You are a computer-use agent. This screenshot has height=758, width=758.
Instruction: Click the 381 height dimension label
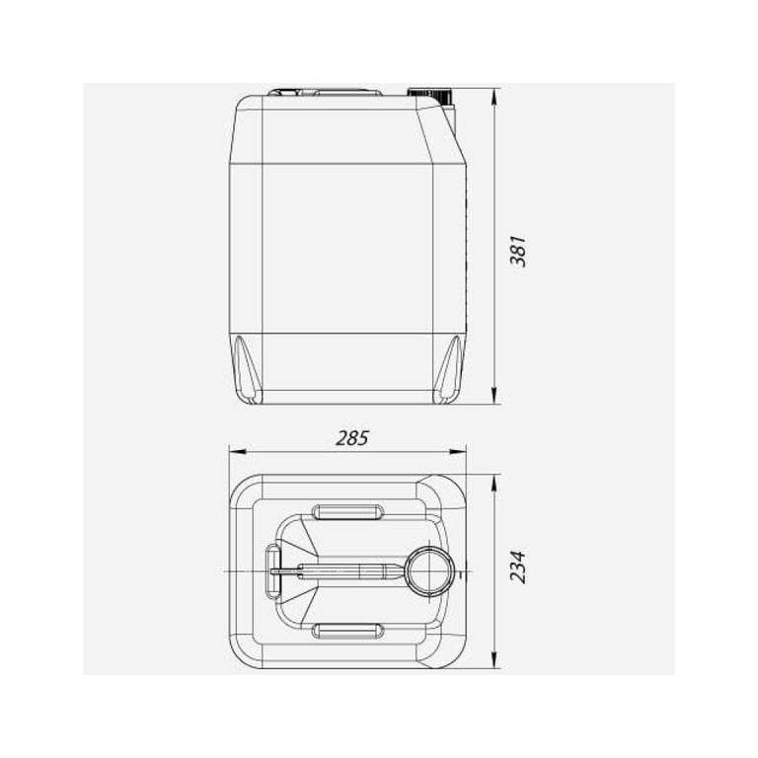pyautogui.click(x=518, y=252)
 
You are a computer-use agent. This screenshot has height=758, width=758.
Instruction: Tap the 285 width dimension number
pyautogui.click(x=352, y=438)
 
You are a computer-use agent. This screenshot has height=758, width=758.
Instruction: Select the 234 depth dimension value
pyautogui.click(x=518, y=567)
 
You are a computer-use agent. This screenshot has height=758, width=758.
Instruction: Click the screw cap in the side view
pyautogui.click(x=429, y=95)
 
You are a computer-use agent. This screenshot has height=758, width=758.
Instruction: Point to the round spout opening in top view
pyautogui.click(x=429, y=570)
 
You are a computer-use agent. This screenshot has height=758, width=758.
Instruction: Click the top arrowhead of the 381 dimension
pyautogui.click(x=493, y=97)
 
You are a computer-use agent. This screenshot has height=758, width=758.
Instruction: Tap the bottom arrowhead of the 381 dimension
pyautogui.click(x=493, y=396)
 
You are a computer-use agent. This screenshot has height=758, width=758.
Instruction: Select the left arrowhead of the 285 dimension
pyautogui.click(x=237, y=451)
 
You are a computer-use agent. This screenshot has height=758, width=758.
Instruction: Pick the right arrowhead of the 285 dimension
pyautogui.click(x=457, y=451)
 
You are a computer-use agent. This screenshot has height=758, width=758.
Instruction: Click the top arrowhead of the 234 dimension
pyautogui.click(x=493, y=483)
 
